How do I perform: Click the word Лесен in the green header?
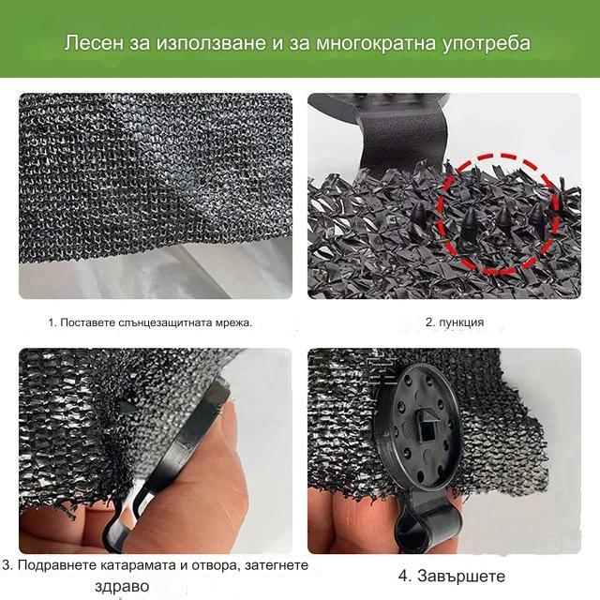(x=94, y=42)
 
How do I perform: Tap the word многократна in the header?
(x=376, y=43)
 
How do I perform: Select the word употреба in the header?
(x=487, y=44)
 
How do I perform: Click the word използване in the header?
(x=211, y=43)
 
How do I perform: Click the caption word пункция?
(x=461, y=322)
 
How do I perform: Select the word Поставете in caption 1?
(x=87, y=322)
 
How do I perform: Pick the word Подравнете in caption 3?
(x=56, y=565)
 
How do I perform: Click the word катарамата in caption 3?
(x=138, y=565)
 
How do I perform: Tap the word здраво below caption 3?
(x=122, y=586)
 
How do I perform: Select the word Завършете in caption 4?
(x=461, y=576)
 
